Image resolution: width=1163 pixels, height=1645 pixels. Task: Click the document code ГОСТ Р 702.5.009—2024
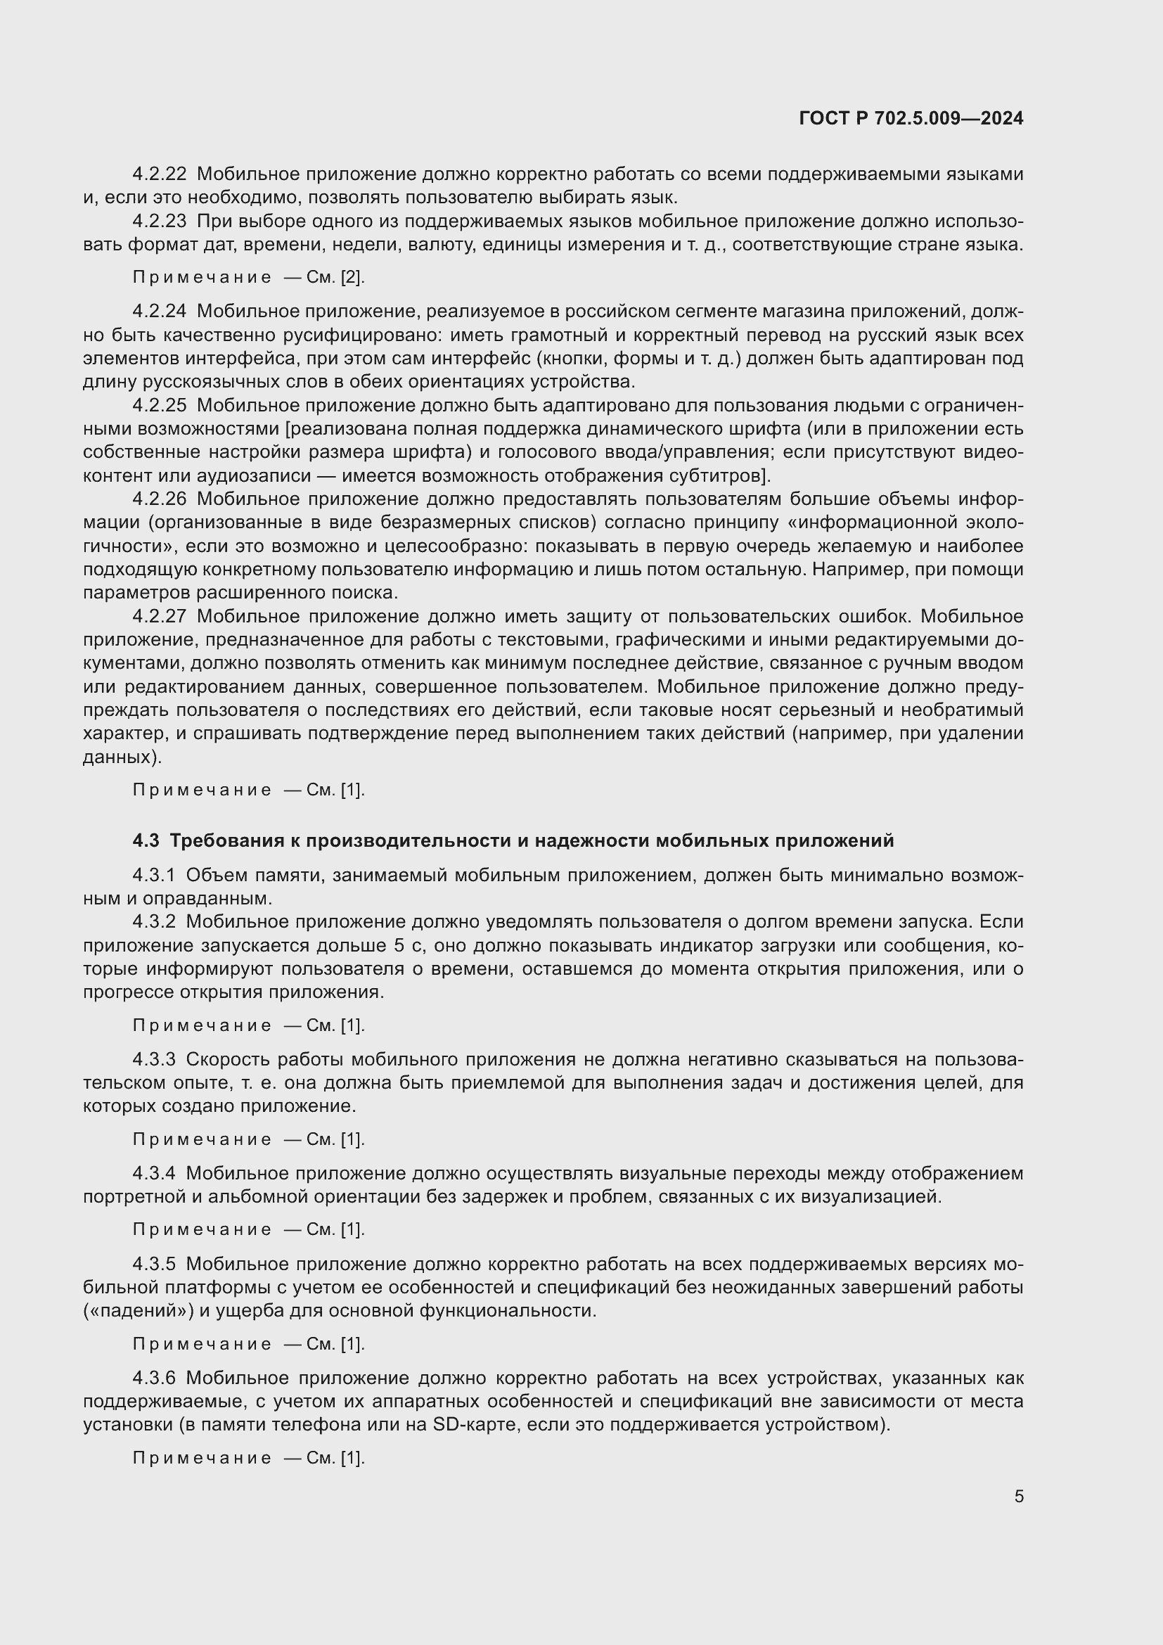click(910, 118)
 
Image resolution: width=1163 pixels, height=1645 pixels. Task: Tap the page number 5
click(1018, 1497)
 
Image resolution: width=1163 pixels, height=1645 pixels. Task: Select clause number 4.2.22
click(159, 174)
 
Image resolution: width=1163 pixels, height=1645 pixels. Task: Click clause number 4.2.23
click(159, 222)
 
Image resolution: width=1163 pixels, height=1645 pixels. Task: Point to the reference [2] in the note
click(352, 277)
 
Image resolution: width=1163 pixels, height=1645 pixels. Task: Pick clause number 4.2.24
click(159, 311)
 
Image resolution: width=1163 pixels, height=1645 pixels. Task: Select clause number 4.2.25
click(159, 406)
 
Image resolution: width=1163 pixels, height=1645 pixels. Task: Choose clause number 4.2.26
click(159, 499)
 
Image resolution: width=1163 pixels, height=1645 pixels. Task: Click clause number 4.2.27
click(159, 616)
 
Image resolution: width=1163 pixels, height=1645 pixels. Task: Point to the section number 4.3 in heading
click(146, 840)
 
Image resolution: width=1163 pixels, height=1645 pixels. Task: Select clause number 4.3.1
click(154, 875)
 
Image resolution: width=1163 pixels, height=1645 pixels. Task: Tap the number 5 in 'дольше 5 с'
click(399, 946)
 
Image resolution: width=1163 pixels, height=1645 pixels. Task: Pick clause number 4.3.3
click(154, 1059)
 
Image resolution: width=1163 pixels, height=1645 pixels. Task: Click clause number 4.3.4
click(154, 1174)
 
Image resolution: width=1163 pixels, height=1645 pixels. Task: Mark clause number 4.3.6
click(154, 1378)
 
